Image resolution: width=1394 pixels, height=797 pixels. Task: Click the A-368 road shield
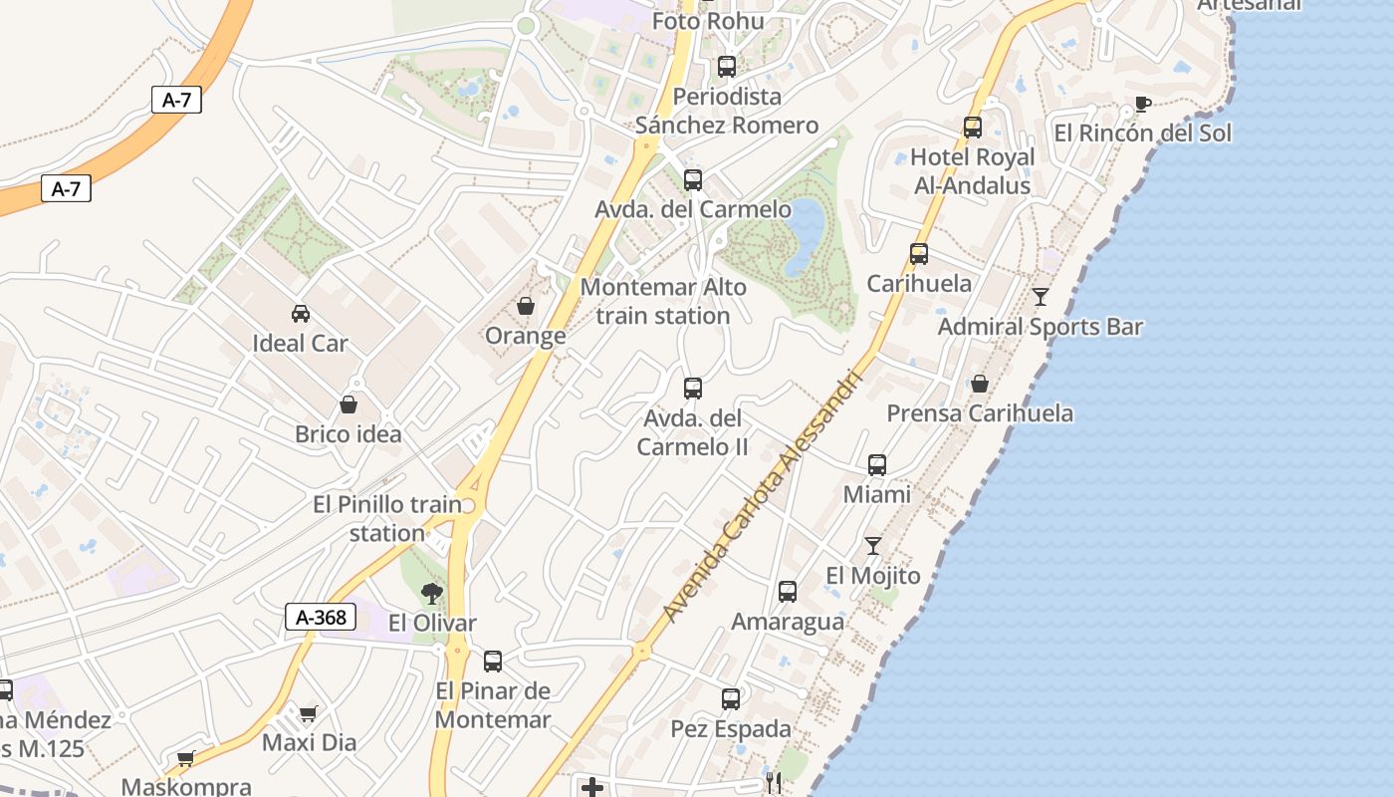click(322, 617)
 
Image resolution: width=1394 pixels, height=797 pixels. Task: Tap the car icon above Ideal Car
click(300, 314)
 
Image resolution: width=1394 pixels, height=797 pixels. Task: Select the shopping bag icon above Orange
click(526, 306)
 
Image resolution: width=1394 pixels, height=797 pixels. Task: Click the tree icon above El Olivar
click(431, 595)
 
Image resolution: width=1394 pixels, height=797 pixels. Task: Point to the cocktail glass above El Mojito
click(873, 545)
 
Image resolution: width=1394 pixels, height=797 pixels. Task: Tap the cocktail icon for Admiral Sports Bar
click(1041, 296)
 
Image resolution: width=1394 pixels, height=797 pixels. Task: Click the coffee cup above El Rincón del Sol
click(1142, 104)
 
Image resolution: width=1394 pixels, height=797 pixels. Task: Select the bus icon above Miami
click(877, 464)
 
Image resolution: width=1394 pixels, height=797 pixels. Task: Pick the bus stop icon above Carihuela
click(919, 254)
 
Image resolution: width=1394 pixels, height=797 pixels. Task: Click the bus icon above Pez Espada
click(731, 698)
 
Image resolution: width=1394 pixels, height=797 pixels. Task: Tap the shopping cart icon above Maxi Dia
click(309, 713)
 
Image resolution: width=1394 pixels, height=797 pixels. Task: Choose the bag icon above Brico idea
click(348, 404)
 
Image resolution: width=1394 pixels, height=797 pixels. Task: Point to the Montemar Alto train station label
click(663, 301)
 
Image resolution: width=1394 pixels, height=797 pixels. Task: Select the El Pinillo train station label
click(387, 519)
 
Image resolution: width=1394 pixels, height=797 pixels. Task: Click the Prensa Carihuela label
click(980, 413)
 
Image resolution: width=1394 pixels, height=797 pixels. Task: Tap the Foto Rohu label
click(708, 21)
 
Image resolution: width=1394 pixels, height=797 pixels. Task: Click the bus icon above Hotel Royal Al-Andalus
click(973, 128)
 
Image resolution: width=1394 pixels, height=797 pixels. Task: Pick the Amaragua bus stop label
click(788, 622)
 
